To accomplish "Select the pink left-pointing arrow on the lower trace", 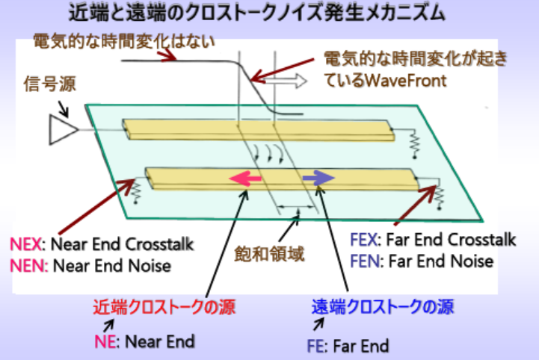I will point(246,179).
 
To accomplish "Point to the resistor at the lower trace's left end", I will point(138,190).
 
